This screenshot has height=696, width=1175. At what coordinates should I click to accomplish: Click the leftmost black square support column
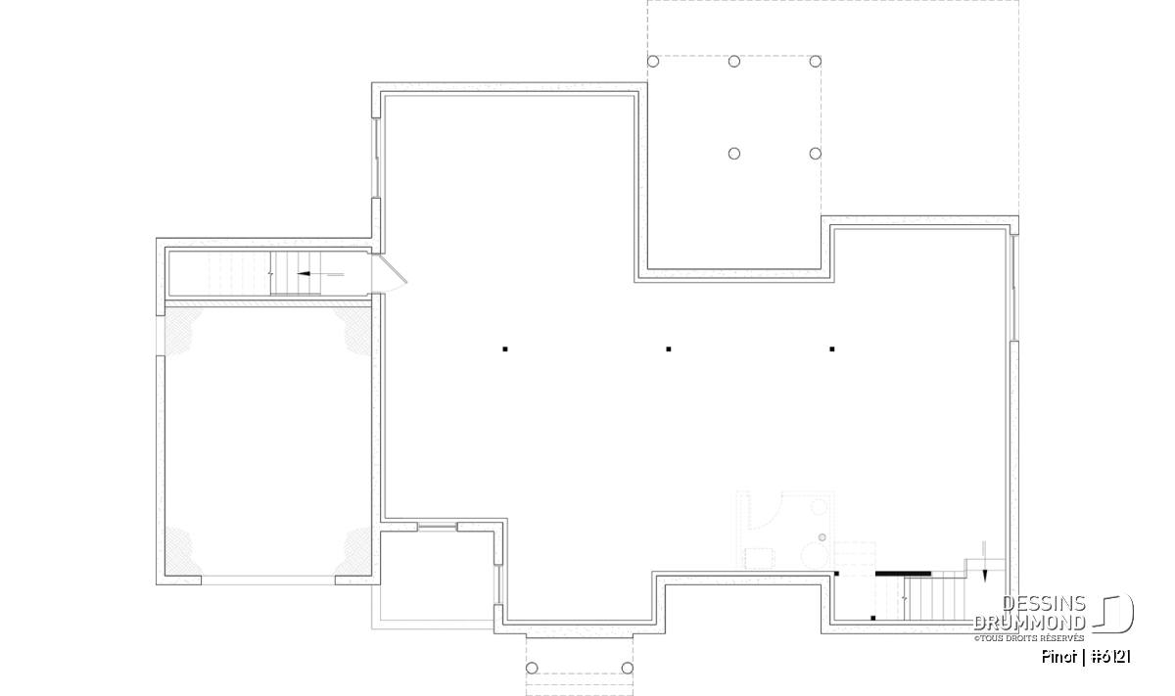pos(505,348)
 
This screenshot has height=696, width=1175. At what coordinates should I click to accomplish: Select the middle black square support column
pos(668,348)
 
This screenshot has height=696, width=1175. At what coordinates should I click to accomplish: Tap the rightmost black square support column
pos(832,348)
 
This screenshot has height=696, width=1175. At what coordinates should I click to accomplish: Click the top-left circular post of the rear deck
pos(653,62)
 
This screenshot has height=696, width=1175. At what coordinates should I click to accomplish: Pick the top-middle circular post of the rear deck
pos(734,62)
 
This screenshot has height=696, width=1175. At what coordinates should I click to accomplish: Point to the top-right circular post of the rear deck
pos(815,62)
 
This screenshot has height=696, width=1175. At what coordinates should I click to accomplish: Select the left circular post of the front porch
pos(532,668)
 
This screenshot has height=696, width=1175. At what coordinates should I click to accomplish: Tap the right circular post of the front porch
pos(628,668)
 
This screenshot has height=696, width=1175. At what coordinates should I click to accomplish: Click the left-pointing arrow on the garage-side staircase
pos(320,274)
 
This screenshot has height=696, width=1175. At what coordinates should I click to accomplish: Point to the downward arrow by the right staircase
pos(984,561)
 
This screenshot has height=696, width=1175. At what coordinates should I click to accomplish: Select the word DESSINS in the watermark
pos(1044,604)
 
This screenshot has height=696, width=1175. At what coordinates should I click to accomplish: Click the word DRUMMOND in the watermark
pos(1030,623)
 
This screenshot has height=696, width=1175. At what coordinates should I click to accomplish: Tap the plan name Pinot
pos(1059,657)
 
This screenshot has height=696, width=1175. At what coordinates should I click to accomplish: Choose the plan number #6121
pos(1111,657)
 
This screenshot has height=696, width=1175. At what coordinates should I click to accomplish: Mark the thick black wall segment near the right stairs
pos(903,574)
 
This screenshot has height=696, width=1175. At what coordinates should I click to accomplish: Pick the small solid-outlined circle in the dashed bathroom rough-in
pos(822,537)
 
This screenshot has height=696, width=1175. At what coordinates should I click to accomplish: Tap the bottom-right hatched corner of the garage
pos(353,552)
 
